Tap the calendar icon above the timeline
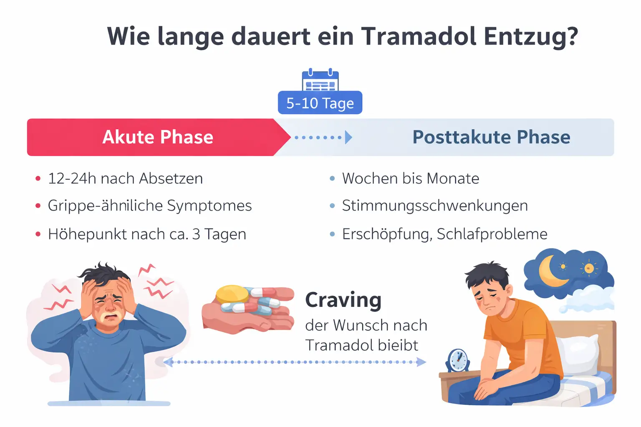pos(320,80)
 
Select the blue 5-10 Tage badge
pos(320,103)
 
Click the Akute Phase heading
pos(158,137)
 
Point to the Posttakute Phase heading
pos(491,137)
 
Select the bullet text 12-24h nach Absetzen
pos(125,178)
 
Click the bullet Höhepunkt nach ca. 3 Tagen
pos(147,234)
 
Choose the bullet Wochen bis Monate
pos(411,178)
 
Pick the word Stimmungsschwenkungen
pos(435,206)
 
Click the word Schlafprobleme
pos(492,234)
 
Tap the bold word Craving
pos(343,300)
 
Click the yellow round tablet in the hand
pos(232,294)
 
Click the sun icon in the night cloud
pos(589,268)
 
